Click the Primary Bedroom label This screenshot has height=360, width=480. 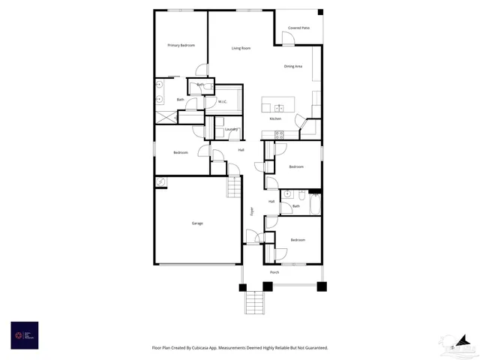click(181, 46)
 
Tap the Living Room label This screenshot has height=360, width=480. click(241, 48)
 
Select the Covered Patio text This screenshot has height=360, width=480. click(298, 28)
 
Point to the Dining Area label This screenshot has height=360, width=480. click(293, 67)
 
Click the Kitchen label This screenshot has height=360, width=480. click(275, 119)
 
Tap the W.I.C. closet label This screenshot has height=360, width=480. click(223, 102)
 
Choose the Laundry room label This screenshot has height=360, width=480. click(231, 129)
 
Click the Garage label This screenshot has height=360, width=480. click(197, 223)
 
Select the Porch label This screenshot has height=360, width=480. click(274, 272)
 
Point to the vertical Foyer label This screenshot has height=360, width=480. click(252, 212)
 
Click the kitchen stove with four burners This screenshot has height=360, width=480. click(278, 135)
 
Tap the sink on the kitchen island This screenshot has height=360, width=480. click(278, 108)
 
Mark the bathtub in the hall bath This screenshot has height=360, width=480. click(315, 204)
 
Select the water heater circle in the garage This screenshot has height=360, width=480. click(160, 182)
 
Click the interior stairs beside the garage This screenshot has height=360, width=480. click(235, 187)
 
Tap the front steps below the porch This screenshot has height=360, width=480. click(255, 302)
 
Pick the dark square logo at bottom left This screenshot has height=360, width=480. click(25, 335)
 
